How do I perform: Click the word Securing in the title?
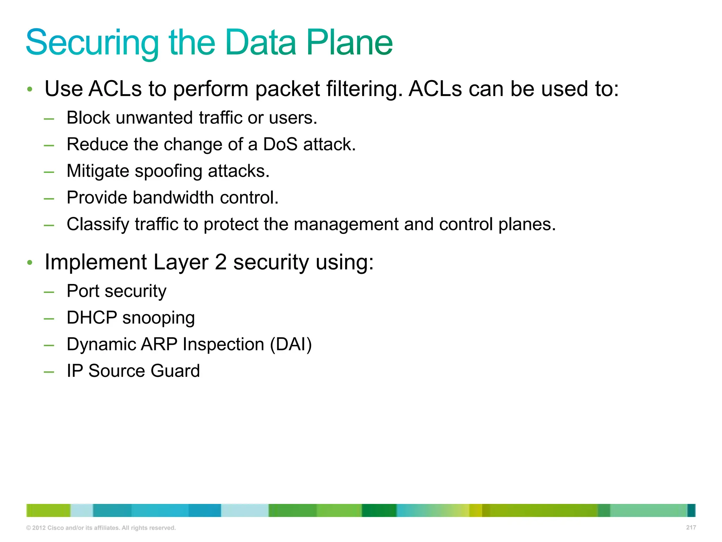[x=92, y=43]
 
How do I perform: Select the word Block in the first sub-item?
[x=88, y=118]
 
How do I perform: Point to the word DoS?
[x=280, y=144]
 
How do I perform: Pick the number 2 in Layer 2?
[x=221, y=262]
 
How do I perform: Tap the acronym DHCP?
[x=92, y=318]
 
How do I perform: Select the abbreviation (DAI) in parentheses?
[x=291, y=344]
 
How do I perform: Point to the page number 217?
[x=691, y=527]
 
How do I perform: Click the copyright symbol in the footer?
[x=29, y=528]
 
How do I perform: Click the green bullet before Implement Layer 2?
[x=30, y=263]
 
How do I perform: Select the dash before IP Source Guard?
[x=49, y=372]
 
